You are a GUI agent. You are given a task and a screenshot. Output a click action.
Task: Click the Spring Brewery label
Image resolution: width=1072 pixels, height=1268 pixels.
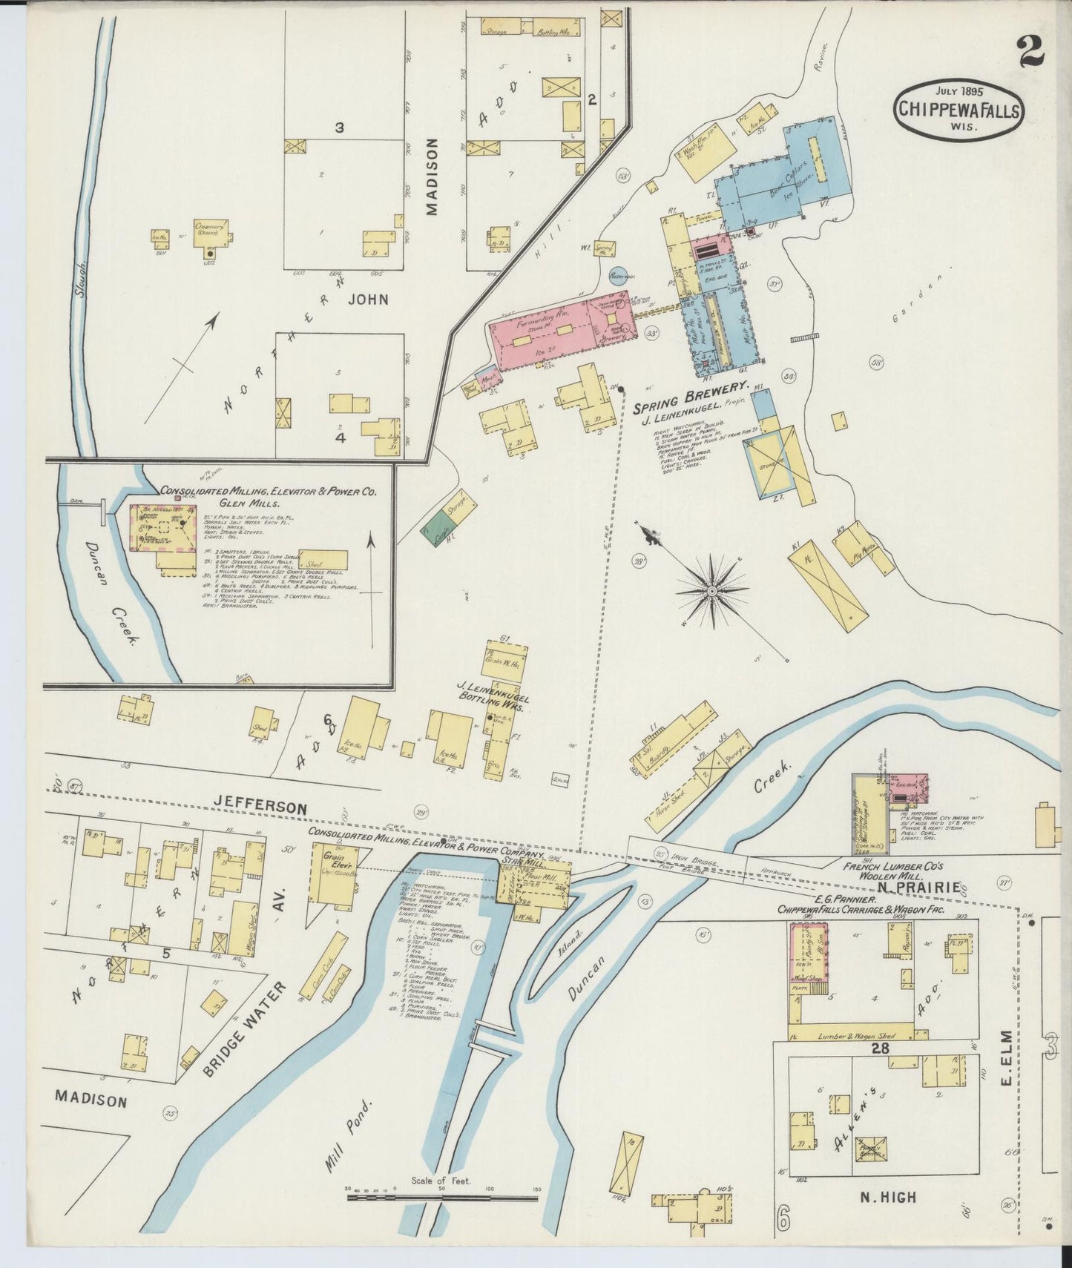[x=689, y=388]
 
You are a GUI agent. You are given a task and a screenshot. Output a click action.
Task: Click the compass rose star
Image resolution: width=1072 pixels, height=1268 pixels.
[x=711, y=590]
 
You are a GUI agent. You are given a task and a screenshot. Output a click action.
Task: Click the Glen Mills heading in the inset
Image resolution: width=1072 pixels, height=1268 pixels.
[x=237, y=502]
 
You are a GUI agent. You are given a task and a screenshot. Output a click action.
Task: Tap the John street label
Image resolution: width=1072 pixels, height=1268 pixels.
[x=369, y=300]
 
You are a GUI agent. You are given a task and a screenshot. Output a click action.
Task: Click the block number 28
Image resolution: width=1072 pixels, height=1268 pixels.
[x=881, y=1049]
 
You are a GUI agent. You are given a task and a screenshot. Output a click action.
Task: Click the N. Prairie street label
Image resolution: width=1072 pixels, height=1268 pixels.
[x=920, y=887]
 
